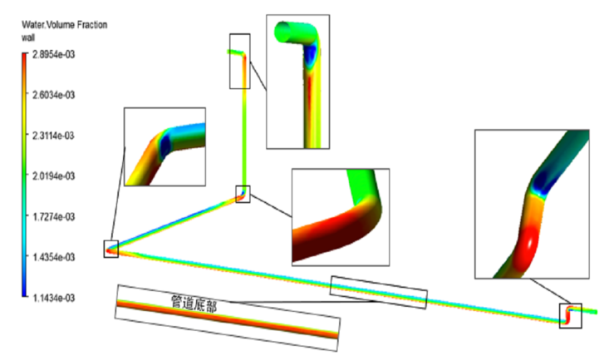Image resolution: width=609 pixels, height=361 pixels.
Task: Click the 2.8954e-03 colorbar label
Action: click(x=54, y=54)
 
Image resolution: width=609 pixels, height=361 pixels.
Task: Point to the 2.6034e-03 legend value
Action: click(x=54, y=95)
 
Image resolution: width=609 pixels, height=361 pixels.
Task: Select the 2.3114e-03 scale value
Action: click(x=54, y=136)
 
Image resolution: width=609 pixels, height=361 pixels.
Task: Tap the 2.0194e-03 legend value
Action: click(x=54, y=176)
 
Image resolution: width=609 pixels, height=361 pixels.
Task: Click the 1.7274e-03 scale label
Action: click(x=54, y=216)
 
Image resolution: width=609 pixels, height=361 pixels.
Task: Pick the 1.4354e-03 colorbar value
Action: click(x=54, y=257)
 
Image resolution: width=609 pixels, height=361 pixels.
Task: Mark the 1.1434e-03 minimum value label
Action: click(x=54, y=298)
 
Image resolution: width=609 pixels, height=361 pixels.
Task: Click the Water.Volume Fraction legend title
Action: click(x=65, y=25)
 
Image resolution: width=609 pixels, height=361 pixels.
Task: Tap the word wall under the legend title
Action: click(x=28, y=37)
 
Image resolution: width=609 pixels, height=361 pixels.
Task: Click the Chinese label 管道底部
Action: click(x=194, y=304)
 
